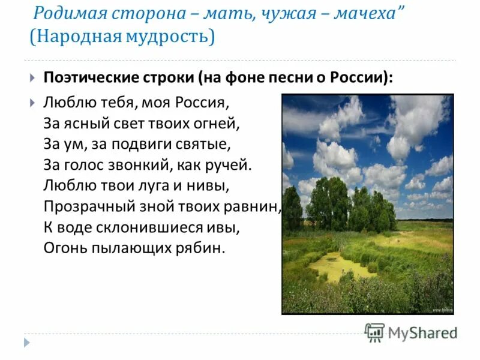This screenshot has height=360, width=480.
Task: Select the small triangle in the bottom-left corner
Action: click(27, 342)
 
